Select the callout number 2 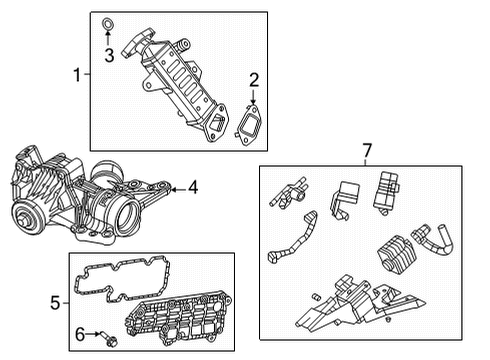coord(254,80)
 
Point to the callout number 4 coord(192,186)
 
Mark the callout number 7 coord(366,151)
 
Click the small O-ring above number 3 coord(107,20)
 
